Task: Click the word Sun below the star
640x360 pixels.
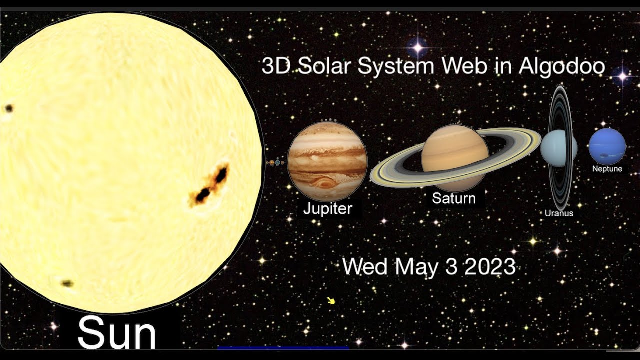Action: pyautogui.click(x=117, y=332)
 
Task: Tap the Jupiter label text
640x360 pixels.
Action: pyautogui.click(x=328, y=208)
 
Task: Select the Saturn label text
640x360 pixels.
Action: pyautogui.click(x=453, y=198)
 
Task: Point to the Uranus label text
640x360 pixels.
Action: pyautogui.click(x=559, y=213)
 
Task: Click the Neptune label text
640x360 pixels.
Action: pyautogui.click(x=607, y=169)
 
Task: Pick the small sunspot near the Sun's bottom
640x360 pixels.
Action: pyautogui.click(x=67, y=283)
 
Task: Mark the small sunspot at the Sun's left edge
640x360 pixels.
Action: pyautogui.click(x=9, y=108)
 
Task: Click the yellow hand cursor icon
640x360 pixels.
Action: pyautogui.click(x=330, y=300)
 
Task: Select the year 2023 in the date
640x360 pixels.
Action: pyautogui.click(x=490, y=267)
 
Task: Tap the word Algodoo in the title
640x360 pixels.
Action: pyautogui.click(x=562, y=66)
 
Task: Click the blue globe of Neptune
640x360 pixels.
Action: pyautogui.click(x=607, y=146)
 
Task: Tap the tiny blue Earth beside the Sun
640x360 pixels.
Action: pyautogui.click(x=277, y=163)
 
